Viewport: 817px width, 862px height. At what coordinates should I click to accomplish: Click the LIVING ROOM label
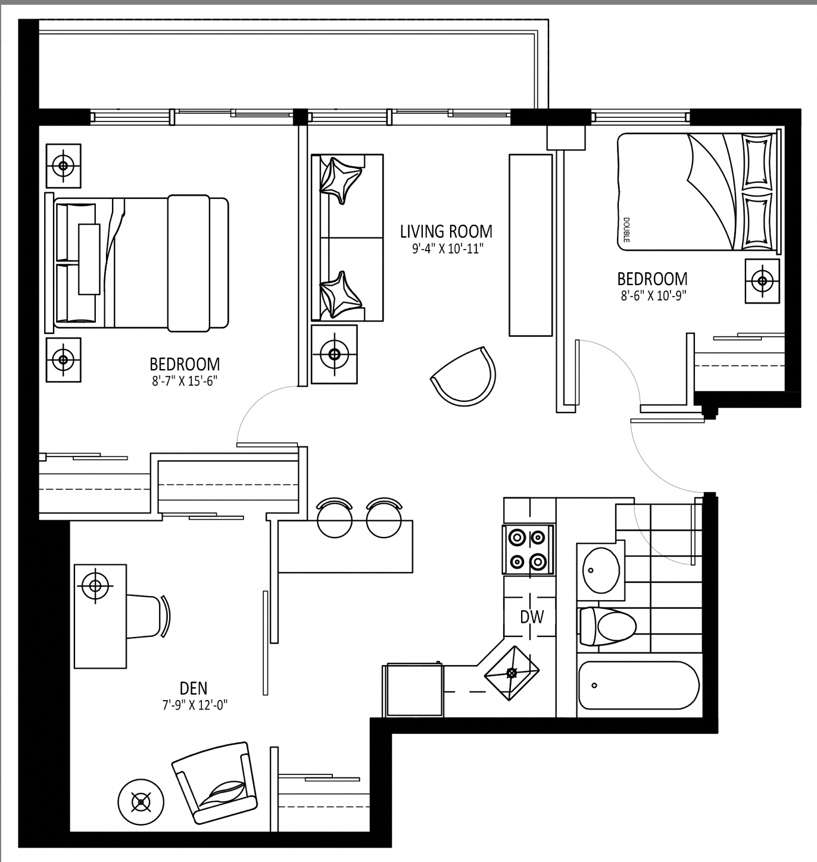click(x=446, y=231)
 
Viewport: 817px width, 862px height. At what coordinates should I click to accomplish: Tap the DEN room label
click(x=194, y=688)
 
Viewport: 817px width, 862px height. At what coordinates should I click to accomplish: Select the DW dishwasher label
click(x=532, y=617)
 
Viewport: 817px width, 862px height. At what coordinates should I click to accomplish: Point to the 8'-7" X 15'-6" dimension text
click(x=185, y=381)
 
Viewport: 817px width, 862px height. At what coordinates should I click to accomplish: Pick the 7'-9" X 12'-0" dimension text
click(x=194, y=705)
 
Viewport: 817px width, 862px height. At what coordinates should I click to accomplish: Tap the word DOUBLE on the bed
click(x=626, y=230)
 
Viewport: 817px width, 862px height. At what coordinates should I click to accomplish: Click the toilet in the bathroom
click(x=608, y=626)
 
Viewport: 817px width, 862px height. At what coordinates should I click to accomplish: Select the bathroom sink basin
click(x=601, y=570)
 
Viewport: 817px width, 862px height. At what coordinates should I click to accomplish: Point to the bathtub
click(x=639, y=685)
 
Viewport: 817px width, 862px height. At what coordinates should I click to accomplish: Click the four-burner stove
click(x=528, y=549)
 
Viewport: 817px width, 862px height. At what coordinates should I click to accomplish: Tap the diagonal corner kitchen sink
click(x=512, y=673)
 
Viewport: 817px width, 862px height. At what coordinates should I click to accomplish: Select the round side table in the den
click(x=141, y=802)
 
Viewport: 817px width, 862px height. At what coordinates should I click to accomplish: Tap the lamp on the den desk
click(x=95, y=585)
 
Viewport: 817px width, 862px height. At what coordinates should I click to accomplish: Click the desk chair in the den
click(x=148, y=616)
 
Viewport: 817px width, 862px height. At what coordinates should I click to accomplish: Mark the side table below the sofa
click(x=334, y=354)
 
